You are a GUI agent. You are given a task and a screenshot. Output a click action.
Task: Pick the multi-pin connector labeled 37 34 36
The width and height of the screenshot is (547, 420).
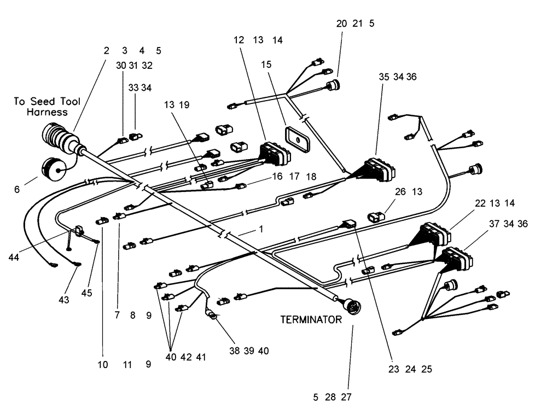[x=456, y=257]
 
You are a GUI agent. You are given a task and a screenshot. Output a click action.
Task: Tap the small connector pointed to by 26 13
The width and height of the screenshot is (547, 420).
[x=376, y=217]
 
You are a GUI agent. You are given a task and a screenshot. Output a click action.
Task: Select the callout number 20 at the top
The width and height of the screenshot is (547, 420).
[x=341, y=24]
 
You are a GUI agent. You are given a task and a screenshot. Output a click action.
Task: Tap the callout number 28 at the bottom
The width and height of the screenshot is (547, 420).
[x=330, y=398]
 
